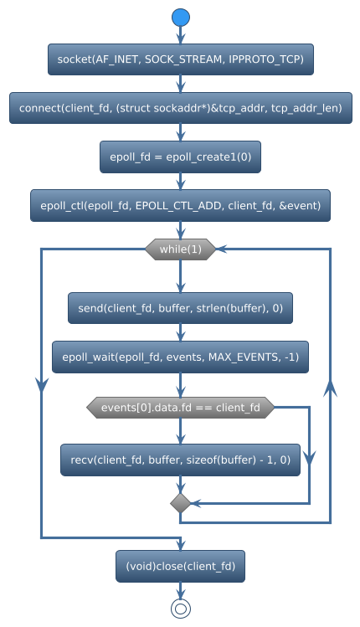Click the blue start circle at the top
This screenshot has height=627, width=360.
[180, 18]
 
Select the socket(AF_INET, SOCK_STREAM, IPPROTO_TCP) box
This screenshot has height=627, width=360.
[180, 59]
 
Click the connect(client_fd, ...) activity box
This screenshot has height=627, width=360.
[180, 108]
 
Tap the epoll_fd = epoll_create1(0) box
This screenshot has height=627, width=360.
[180, 157]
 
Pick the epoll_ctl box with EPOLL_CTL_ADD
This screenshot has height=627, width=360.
[180, 205]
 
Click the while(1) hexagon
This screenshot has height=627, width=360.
[180, 249]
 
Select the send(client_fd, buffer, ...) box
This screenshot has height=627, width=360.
[180, 308]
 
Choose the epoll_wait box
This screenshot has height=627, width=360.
[180, 357]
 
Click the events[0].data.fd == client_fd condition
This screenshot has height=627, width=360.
[180, 408]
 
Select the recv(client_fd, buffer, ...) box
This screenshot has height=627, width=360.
[180, 460]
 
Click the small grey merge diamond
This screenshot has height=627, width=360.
[180, 503]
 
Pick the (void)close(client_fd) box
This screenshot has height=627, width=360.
[180, 567]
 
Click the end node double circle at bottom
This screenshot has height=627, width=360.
[180, 609]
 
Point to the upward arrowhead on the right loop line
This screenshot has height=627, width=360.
[332, 388]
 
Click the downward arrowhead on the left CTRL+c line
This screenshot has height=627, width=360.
[41, 383]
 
